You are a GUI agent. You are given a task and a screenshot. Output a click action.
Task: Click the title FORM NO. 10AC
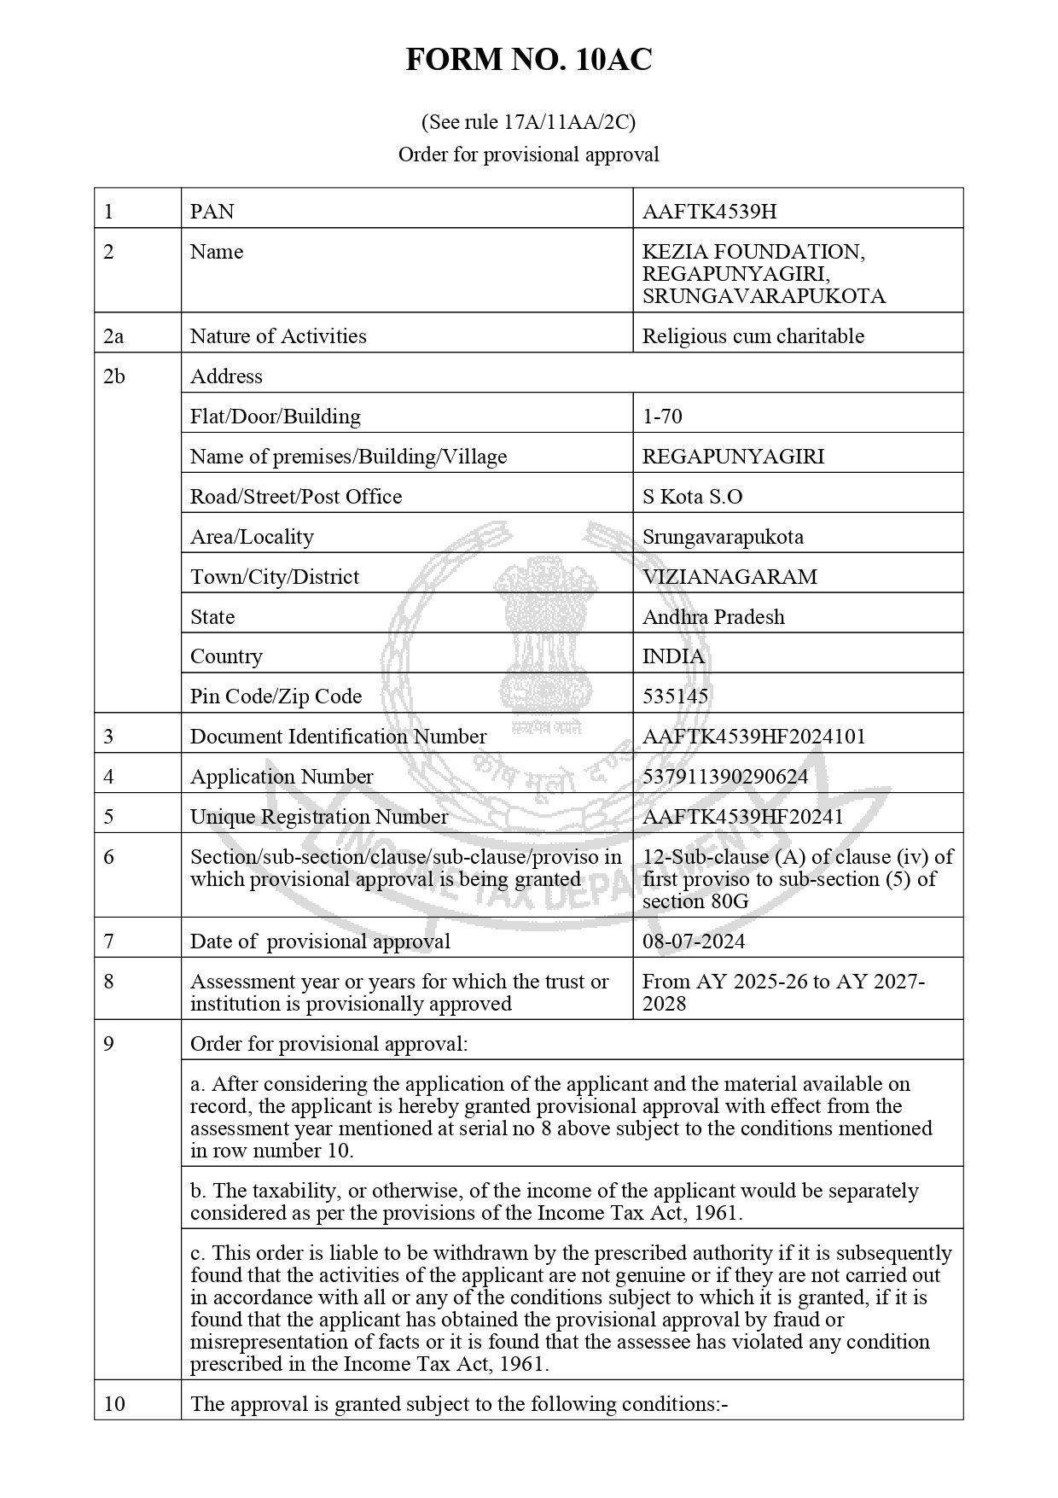coord(528,60)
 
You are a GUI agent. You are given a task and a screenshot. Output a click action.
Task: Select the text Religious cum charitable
coord(753,336)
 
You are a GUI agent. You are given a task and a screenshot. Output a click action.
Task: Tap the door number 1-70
coord(662,417)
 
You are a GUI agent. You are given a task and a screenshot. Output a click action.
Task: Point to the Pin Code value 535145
coord(675,697)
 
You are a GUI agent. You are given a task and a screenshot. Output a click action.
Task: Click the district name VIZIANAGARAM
coord(730,577)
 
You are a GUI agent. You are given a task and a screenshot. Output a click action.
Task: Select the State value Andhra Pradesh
coord(713,617)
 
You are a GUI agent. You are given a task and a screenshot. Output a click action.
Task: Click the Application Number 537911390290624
coord(725,777)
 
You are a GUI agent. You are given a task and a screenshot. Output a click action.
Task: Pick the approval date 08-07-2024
coord(694,941)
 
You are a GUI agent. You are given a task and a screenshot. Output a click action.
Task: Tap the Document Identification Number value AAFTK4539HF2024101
coord(753,737)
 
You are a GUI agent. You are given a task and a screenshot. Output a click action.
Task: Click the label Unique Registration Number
coord(318,817)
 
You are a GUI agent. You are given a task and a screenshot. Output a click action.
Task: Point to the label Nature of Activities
coord(278,336)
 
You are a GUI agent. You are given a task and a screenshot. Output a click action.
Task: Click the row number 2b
coord(113,376)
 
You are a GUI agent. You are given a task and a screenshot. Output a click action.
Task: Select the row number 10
coord(113,1404)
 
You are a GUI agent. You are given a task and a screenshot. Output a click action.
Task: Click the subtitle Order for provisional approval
coord(528,154)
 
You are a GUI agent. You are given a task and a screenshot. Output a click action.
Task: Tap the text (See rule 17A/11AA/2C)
coord(528,122)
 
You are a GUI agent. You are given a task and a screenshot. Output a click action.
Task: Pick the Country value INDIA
coord(673,656)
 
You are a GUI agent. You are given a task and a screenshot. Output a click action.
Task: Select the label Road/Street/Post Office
coord(295,497)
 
